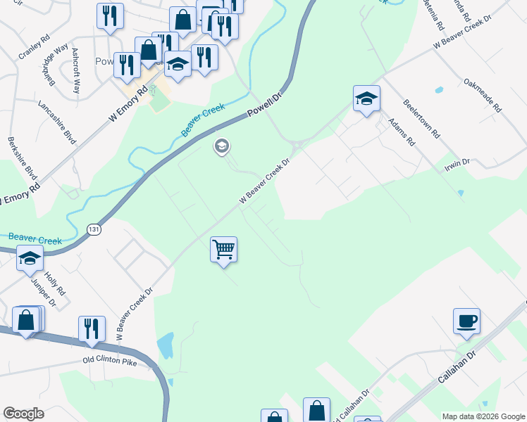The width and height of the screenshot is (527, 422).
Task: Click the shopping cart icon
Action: tap(223, 250)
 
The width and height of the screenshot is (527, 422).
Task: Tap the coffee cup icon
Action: tap(466, 321)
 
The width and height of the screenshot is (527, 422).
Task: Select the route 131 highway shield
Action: tap(94, 229)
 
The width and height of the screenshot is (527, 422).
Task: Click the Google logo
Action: tap(24, 414)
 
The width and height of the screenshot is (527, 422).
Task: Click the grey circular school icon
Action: tap(221, 146)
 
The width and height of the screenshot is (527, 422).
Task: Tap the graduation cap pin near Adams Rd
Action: tap(366, 98)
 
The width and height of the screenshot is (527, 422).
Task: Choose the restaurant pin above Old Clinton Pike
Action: tap(92, 328)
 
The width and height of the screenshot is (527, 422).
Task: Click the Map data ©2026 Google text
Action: tap(482, 415)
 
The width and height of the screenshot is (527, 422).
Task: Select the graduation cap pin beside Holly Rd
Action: tap(30, 259)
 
